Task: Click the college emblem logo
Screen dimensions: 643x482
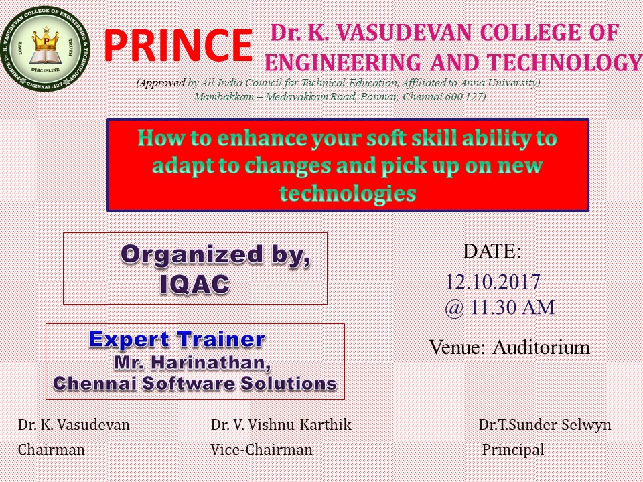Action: [45, 48]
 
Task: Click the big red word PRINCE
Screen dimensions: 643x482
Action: [177, 46]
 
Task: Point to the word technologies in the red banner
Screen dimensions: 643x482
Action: [348, 193]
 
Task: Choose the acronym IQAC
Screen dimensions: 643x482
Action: [194, 284]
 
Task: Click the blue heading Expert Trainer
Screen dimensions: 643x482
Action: [177, 340]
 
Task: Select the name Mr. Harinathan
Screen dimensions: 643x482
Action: [192, 363]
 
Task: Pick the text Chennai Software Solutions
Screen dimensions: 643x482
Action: [195, 384]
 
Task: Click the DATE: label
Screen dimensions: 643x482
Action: [492, 251]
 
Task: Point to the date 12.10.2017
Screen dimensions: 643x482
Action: [492, 282]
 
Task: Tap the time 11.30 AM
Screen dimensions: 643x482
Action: [512, 307]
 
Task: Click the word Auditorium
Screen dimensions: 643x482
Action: [541, 347]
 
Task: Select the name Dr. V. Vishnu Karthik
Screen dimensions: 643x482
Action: [281, 424]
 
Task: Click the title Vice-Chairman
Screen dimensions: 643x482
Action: [262, 450]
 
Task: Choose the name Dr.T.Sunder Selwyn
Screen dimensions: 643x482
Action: [545, 424]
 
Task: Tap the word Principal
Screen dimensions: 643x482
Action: [513, 450]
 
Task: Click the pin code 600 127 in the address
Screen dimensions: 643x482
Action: [463, 97]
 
